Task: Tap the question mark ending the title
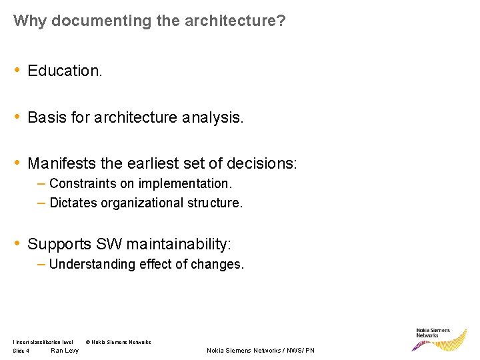tap(281, 21)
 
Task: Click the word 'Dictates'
tap(73, 203)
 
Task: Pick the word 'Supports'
tap(59, 244)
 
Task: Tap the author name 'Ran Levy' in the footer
tap(65, 351)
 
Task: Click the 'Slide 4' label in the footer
tap(21, 351)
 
